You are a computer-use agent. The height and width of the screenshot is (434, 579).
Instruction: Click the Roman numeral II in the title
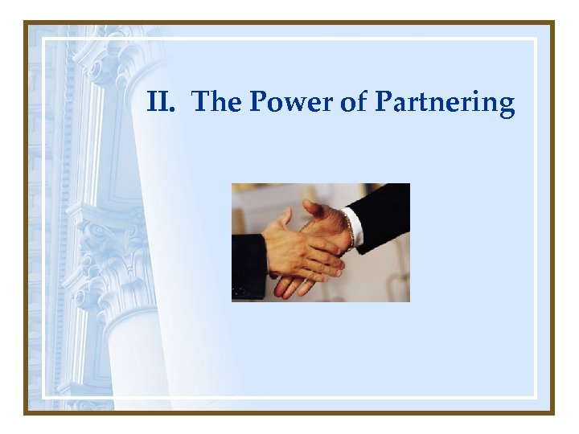click(x=160, y=102)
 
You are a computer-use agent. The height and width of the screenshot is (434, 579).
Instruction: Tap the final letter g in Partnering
click(x=505, y=106)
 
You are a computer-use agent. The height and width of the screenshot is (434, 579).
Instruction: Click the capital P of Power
click(x=258, y=102)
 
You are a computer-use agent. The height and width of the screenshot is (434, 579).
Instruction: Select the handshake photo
click(x=320, y=242)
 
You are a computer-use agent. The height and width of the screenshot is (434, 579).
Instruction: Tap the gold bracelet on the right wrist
click(x=348, y=228)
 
